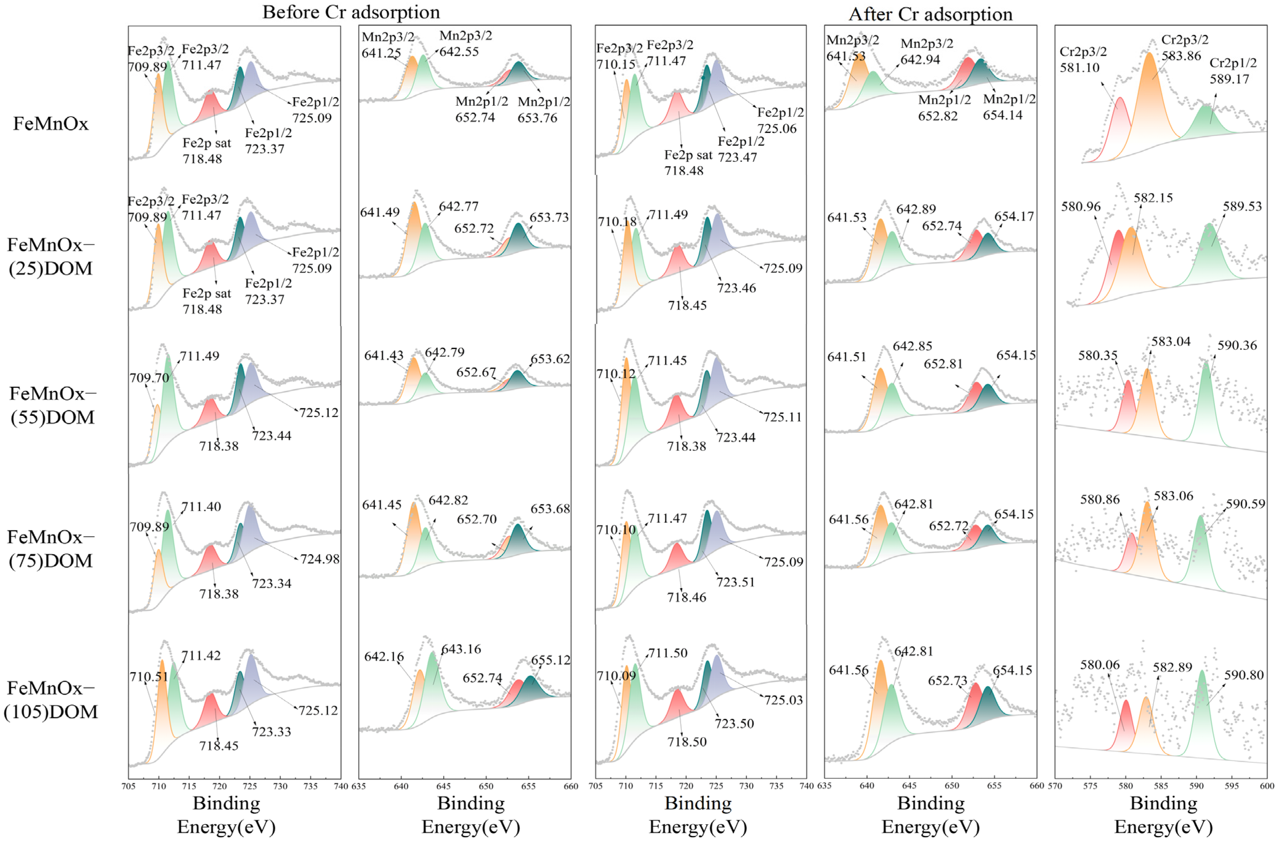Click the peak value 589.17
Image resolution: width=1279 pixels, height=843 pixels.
1230,79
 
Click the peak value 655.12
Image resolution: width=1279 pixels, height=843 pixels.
551,660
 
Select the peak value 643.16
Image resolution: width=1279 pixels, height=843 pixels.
461,649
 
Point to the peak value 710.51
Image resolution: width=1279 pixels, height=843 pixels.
148,676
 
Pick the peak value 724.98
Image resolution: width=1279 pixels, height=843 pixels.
320,559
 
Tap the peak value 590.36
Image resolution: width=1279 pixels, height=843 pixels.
1237,345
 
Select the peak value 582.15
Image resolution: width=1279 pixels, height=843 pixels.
1153,198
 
